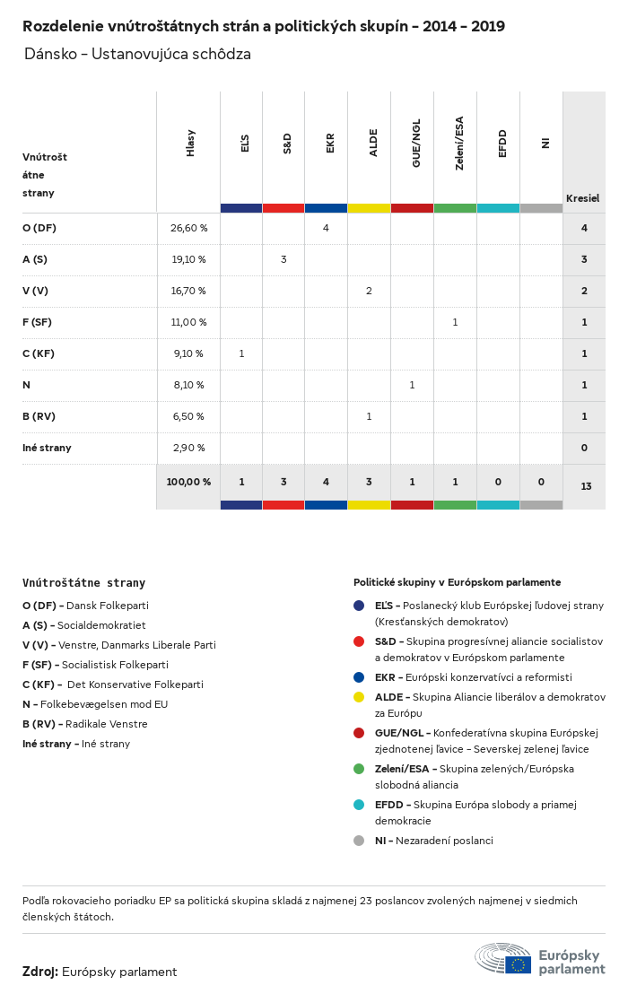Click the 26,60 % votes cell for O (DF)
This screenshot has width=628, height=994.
click(188, 228)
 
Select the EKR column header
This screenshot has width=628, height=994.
click(330, 143)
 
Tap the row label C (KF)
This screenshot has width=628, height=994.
click(39, 353)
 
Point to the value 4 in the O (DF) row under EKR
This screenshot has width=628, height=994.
click(326, 228)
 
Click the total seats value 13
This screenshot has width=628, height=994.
click(586, 486)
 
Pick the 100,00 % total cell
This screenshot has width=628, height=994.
click(188, 482)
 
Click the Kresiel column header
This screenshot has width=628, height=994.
click(582, 198)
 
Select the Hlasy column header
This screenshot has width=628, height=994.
click(190, 144)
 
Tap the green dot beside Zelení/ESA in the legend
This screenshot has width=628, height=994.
click(359, 769)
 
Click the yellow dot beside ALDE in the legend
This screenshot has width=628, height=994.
click(359, 697)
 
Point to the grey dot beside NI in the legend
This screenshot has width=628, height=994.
click(359, 841)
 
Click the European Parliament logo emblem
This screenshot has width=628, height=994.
click(503, 958)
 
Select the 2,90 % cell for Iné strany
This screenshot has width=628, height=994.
click(188, 448)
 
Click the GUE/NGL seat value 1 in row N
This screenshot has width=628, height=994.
click(412, 385)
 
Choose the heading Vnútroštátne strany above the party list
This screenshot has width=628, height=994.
click(83, 583)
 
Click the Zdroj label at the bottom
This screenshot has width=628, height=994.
click(40, 972)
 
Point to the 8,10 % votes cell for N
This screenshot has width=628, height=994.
click(188, 385)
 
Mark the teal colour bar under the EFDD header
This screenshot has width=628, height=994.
click(498, 208)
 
